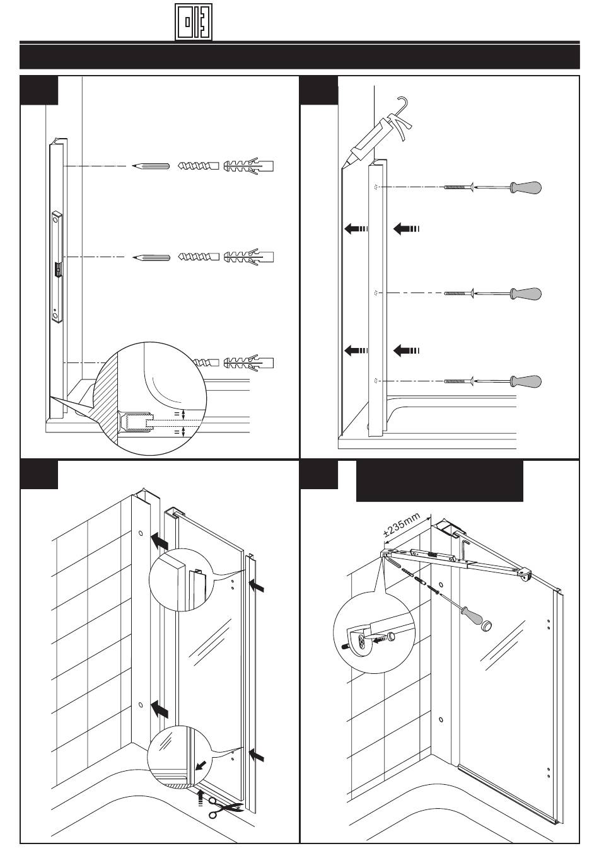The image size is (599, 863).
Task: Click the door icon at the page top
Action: [x=194, y=21]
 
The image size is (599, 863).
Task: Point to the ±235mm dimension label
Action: [x=402, y=527]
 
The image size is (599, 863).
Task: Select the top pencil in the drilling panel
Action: [x=151, y=167]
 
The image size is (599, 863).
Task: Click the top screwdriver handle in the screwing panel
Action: [x=526, y=188]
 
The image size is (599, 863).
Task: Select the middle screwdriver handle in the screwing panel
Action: [x=526, y=294]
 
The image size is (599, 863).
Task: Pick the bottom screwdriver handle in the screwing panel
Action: [x=526, y=381]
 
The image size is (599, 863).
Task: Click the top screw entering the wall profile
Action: [x=458, y=187]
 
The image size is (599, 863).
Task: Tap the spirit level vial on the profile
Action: [x=58, y=269]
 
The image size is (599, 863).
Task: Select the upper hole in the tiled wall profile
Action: [x=139, y=533]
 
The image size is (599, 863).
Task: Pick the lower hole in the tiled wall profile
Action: [x=140, y=704]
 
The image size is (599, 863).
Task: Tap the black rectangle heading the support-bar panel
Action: [x=439, y=481]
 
